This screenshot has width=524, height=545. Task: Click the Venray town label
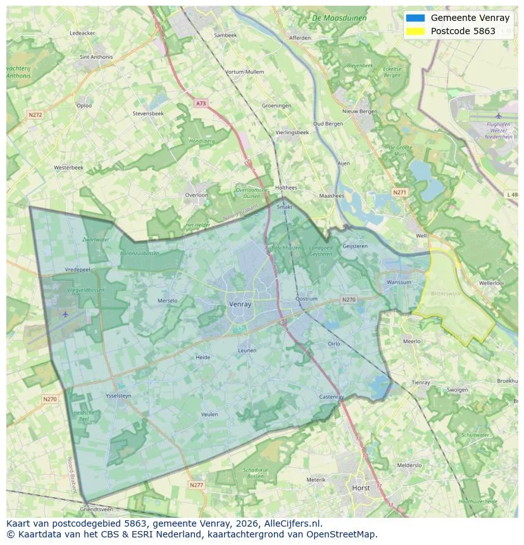click(x=240, y=304)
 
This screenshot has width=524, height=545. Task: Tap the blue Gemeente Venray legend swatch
click(x=416, y=18)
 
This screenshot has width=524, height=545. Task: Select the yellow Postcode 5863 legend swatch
click(x=416, y=31)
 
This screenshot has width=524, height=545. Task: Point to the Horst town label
click(x=361, y=488)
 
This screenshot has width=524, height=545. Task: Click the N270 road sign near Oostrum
click(x=349, y=299)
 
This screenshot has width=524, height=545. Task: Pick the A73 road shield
click(x=201, y=103)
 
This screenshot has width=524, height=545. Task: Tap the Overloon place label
click(x=196, y=195)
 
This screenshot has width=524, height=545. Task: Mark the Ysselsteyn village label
click(x=119, y=396)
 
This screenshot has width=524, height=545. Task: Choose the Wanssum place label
click(x=399, y=282)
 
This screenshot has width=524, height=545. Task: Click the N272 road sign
click(x=35, y=115)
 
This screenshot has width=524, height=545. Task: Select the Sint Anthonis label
click(x=96, y=57)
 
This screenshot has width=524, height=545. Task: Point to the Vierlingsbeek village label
click(x=292, y=132)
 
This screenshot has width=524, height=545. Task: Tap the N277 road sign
click(x=197, y=485)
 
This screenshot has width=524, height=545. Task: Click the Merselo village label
click(x=168, y=301)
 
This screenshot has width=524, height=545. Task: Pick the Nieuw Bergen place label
click(x=359, y=111)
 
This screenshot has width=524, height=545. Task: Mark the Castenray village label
click(x=331, y=397)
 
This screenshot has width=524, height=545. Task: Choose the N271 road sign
click(x=399, y=192)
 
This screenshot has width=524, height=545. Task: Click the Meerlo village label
click(x=411, y=341)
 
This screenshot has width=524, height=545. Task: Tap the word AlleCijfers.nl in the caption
click(x=292, y=523)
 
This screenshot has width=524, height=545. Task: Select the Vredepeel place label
click(x=78, y=269)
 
